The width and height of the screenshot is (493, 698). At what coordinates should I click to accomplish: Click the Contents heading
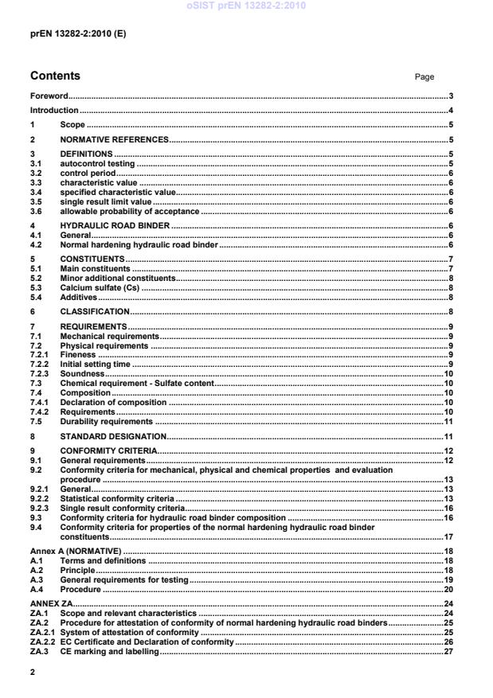[x=55, y=76]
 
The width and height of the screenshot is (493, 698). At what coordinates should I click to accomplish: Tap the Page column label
[x=425, y=77]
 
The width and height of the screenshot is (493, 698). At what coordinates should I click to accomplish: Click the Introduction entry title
[x=54, y=110]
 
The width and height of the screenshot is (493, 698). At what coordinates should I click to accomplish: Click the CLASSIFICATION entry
[x=95, y=311]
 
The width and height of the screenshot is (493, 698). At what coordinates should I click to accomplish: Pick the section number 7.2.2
[x=38, y=363]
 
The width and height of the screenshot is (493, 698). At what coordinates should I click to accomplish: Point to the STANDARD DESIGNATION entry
[x=113, y=437]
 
